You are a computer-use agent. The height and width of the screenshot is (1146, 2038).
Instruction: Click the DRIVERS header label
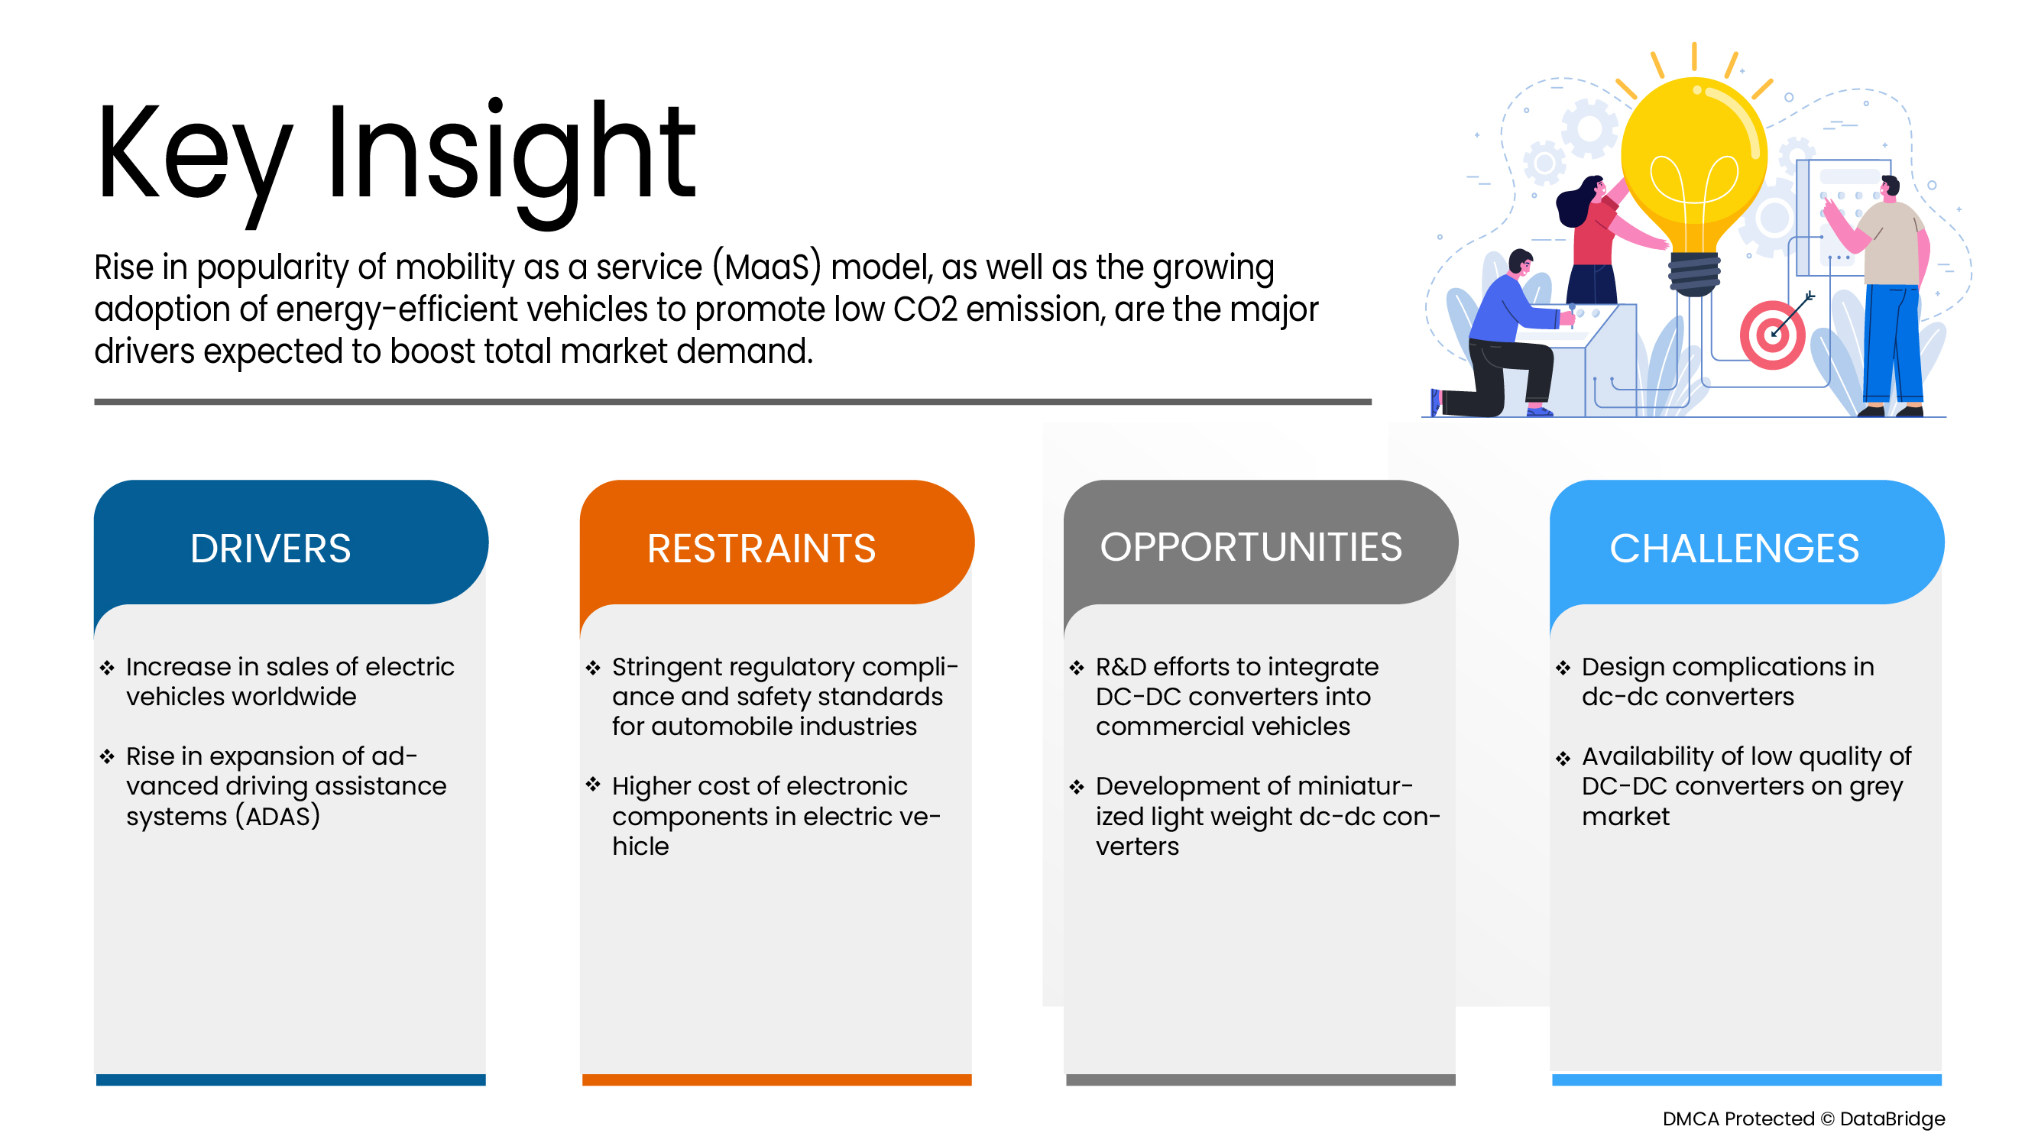click(x=271, y=548)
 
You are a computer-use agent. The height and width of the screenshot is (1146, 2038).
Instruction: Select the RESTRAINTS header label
click(x=761, y=548)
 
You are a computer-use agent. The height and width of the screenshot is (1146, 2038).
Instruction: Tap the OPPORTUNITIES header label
click(x=1251, y=546)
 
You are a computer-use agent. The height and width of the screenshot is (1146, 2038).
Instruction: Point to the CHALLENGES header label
click(x=1734, y=548)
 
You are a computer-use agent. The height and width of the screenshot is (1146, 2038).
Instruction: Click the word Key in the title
click(x=194, y=158)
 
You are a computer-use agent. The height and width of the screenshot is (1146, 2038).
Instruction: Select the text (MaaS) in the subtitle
click(x=766, y=268)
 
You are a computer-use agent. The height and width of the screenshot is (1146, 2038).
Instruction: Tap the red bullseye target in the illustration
click(x=1772, y=335)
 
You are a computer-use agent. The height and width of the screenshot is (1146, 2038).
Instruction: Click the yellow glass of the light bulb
click(x=1694, y=158)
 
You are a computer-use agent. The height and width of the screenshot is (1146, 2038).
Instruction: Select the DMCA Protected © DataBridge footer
click(x=1803, y=1118)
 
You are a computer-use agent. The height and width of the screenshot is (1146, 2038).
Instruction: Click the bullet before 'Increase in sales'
click(x=108, y=668)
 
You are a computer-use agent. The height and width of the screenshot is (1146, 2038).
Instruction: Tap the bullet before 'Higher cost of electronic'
click(x=593, y=784)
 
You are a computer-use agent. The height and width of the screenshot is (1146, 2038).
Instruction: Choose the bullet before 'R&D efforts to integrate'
click(x=1077, y=668)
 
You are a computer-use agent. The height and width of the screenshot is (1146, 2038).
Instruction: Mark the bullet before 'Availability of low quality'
click(x=1563, y=759)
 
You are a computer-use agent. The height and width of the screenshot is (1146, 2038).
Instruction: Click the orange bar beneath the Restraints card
click(x=776, y=1080)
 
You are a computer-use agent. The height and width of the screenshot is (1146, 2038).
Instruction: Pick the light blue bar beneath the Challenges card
click(x=1746, y=1080)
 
